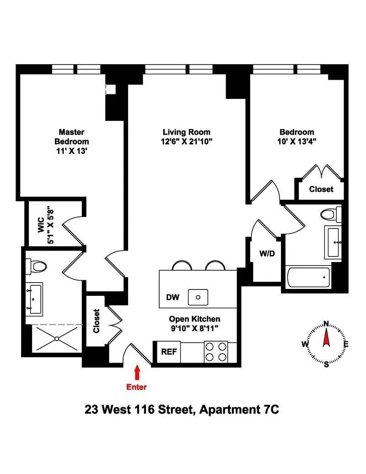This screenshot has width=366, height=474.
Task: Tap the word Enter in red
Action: point(137,387)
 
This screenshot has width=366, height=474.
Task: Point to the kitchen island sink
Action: point(199,297)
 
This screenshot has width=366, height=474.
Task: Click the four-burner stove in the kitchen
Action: point(216,352)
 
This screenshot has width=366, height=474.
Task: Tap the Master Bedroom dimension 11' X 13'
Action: point(71,151)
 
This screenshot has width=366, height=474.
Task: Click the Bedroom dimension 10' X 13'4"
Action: point(296,142)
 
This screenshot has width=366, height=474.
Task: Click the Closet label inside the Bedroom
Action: point(321,189)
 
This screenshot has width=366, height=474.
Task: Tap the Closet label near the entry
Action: point(97,321)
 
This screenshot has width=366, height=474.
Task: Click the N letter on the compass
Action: point(326,323)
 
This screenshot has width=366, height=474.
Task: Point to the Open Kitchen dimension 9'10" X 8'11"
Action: point(194,328)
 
